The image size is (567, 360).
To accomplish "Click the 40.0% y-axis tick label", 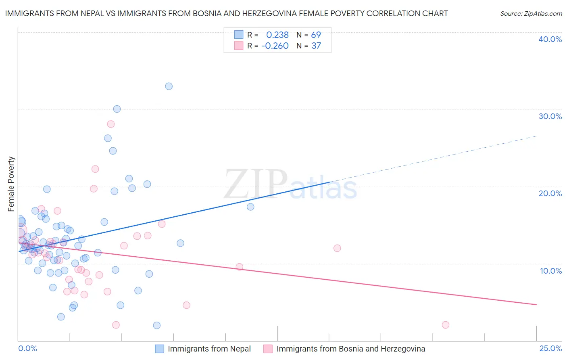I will (x=550, y=39).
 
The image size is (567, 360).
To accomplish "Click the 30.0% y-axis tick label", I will (x=550, y=116).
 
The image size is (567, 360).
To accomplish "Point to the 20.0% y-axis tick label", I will (x=550, y=193).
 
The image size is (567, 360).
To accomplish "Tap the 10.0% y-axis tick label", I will (x=551, y=271).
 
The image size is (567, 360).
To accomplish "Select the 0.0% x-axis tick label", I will (x=27, y=348).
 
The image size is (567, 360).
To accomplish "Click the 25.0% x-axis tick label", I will (x=550, y=348).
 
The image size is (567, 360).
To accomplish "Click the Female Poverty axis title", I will (x=11, y=184).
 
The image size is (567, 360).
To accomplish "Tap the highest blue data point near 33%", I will (x=169, y=86).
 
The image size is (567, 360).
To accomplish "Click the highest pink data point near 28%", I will (x=111, y=124).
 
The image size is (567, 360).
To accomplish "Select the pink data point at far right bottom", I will (x=446, y=325).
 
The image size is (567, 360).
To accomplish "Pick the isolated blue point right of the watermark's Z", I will (x=250, y=207).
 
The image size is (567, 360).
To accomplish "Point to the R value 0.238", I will (x=277, y=35).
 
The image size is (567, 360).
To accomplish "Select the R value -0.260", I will (x=275, y=46).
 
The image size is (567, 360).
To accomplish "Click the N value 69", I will (x=316, y=35).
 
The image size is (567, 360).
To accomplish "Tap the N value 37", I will (x=316, y=46).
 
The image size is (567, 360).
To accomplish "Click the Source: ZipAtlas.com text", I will (x=531, y=14).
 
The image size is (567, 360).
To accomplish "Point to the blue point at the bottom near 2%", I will (x=157, y=325).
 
